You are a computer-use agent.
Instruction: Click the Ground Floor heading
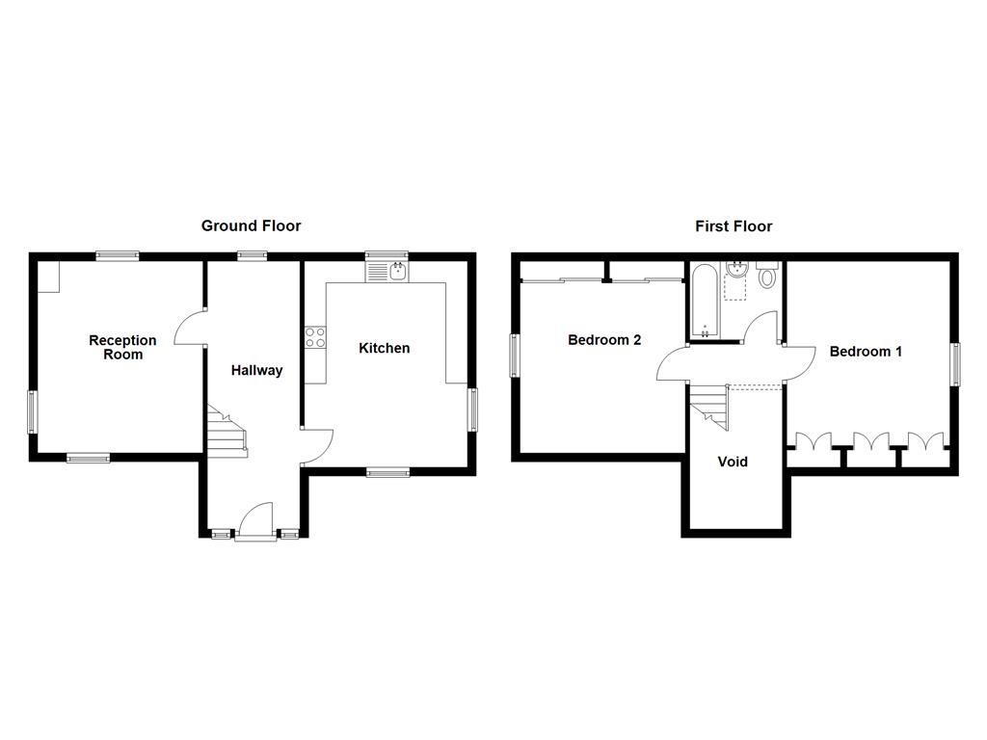(251, 225)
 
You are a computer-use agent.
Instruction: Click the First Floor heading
(734, 226)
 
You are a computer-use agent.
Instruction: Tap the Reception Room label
(122, 347)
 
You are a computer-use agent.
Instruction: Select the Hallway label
(256, 370)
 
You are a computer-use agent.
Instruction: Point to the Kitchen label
(384, 348)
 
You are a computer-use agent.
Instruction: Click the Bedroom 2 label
(604, 340)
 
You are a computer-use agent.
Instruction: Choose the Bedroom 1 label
(866, 352)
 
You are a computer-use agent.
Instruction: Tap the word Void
(733, 462)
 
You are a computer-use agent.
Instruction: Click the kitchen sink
(387, 272)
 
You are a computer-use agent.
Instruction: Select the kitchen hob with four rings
(315, 337)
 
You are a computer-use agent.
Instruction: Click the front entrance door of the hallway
(255, 521)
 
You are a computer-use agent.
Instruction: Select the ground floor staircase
(225, 431)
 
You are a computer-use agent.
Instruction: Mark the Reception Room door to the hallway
(191, 328)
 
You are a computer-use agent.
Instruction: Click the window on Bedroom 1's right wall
(955, 366)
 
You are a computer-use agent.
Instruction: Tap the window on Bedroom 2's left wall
(515, 356)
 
